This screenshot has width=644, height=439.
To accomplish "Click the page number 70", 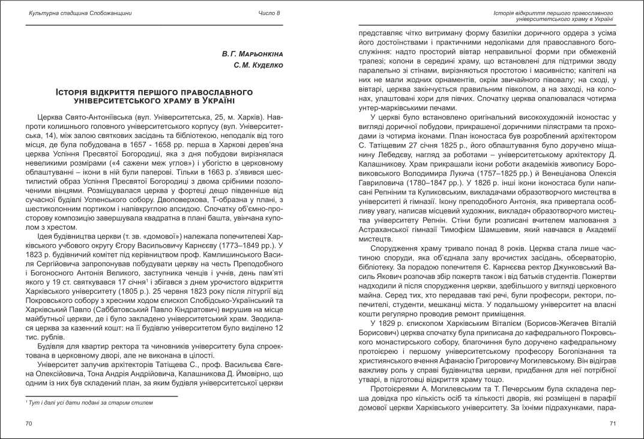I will tap(29, 423).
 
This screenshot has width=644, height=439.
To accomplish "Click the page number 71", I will tap(613, 423).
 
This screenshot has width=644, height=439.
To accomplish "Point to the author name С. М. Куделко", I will tap(257, 65).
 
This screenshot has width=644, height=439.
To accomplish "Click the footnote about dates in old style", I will tap(89, 402).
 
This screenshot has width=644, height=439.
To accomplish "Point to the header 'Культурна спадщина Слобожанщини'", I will tap(80, 13).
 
